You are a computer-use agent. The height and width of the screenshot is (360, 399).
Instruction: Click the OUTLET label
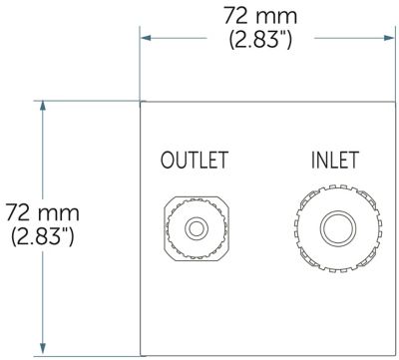coord(195,160)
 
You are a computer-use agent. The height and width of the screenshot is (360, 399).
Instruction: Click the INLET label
coord(335,160)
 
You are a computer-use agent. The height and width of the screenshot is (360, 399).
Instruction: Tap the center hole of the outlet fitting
coord(197,228)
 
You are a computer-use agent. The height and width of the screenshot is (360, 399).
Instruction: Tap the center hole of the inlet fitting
coord(338,228)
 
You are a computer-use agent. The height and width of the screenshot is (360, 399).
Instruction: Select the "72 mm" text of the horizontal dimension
coord(260,15)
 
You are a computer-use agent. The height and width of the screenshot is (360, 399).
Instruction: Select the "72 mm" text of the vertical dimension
coord(43,213)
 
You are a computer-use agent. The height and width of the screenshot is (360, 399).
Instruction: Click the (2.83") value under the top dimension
coord(260,40)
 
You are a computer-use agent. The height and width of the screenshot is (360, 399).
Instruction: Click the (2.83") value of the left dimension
coord(43,237)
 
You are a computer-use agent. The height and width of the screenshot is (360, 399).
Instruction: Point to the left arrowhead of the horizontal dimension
coord(146,38)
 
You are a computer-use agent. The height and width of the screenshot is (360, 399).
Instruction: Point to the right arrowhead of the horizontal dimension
coord(389,38)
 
